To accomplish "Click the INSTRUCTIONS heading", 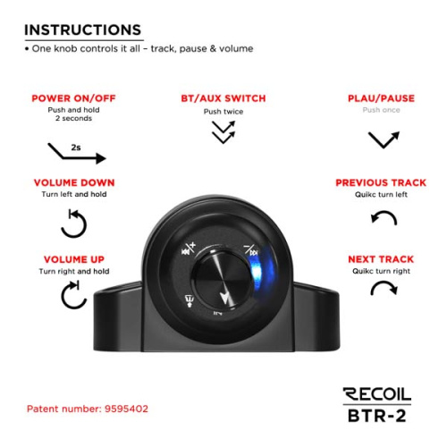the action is click(x=82, y=30).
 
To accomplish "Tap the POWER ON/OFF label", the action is click(x=73, y=98).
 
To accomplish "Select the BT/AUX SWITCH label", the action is click(x=223, y=98).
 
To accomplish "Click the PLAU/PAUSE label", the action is click(x=381, y=98).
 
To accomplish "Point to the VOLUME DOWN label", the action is click(x=74, y=182).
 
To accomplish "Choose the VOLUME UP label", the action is click(x=74, y=259).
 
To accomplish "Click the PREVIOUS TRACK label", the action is click(x=381, y=182).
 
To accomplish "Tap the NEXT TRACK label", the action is click(x=381, y=259).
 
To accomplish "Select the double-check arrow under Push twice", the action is click(x=223, y=132).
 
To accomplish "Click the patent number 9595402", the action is click(x=126, y=409).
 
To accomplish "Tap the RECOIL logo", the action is click(x=377, y=394).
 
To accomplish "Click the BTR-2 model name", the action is click(x=377, y=416).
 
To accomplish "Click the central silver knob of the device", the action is click(x=222, y=280).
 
